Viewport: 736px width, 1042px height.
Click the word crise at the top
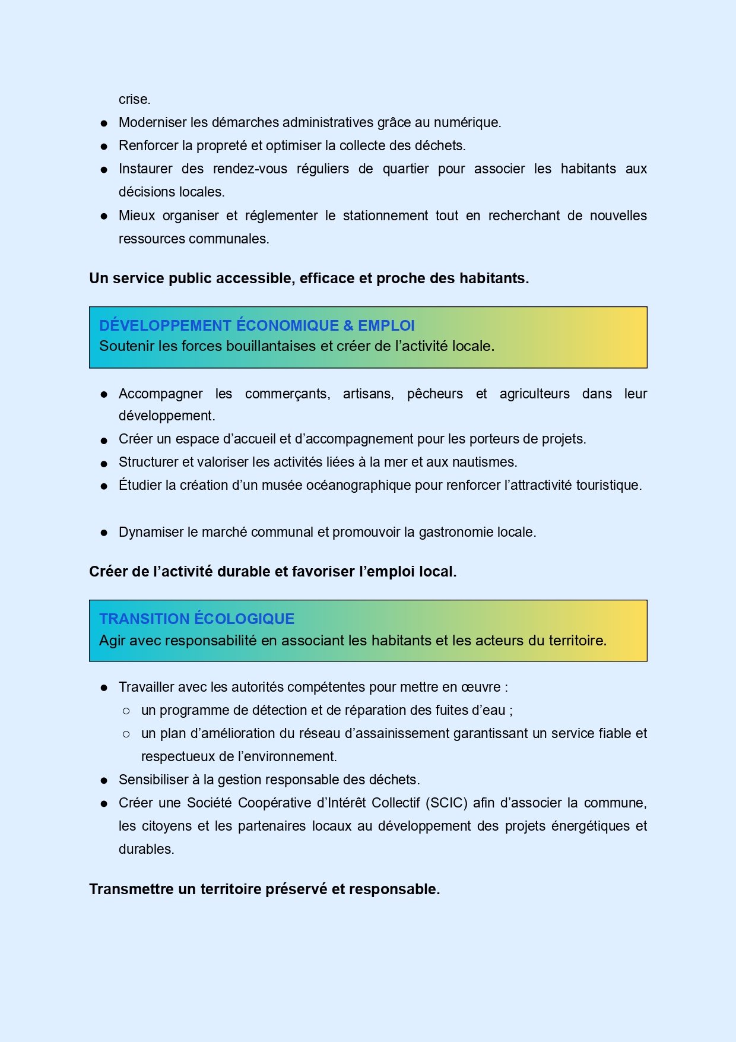134,100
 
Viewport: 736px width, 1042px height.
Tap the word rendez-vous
250,169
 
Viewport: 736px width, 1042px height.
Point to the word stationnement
385,216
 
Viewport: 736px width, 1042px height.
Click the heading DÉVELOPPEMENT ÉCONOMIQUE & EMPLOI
256,326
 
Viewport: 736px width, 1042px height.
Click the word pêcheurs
434,394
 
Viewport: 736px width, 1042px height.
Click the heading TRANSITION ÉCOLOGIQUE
196,619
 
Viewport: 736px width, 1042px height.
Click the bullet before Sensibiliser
104,781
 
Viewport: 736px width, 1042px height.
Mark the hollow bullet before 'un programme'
126,711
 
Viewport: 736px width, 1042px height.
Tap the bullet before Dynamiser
104,533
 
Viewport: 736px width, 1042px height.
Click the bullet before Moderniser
104,123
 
